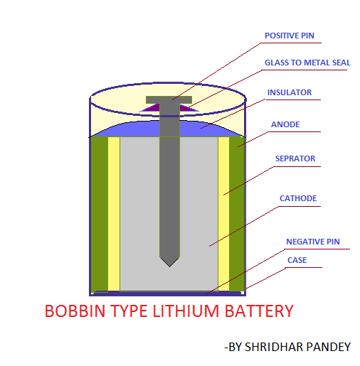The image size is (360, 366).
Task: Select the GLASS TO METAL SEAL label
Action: (x=307, y=63)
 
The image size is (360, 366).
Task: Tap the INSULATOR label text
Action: (x=289, y=92)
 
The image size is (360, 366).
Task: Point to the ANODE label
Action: (x=285, y=124)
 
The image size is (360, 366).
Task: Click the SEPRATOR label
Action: (x=295, y=158)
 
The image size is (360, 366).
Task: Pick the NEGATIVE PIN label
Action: (x=312, y=242)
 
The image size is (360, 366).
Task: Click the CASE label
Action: (x=297, y=260)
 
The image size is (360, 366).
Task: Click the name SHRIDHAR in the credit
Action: (x=274, y=347)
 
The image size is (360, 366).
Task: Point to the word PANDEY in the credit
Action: (x=329, y=347)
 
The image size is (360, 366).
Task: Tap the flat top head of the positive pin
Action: (x=169, y=99)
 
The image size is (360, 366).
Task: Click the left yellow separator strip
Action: (x=114, y=213)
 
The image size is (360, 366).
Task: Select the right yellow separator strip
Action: (x=223, y=213)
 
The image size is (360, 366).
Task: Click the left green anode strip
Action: (x=100, y=213)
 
